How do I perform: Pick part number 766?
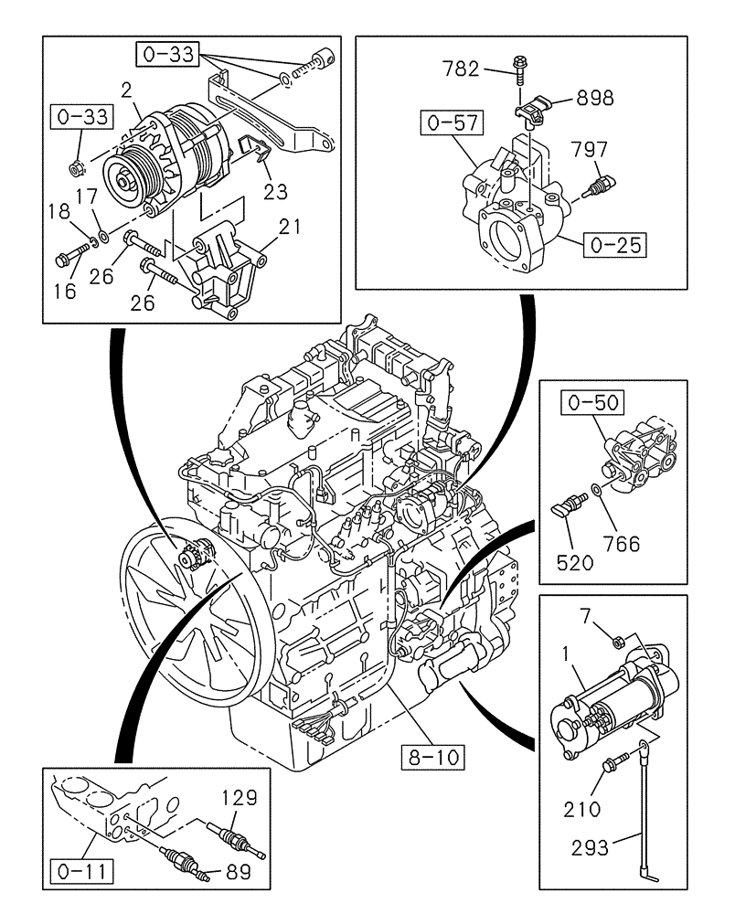pos(622,544)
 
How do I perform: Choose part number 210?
pos(582,809)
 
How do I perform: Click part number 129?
pos(240,798)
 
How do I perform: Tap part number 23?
pos(275,191)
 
